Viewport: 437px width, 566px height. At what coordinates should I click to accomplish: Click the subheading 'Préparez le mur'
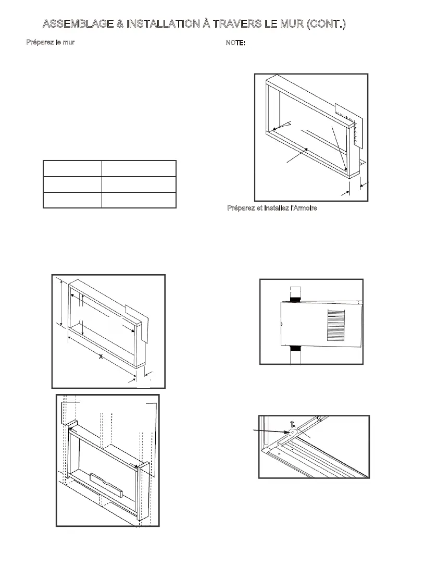pos(51,42)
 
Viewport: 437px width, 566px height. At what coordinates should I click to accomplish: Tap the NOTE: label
pos(235,42)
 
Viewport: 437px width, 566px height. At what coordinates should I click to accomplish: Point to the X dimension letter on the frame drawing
pos(101,356)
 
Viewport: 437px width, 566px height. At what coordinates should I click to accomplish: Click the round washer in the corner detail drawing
pos(293,432)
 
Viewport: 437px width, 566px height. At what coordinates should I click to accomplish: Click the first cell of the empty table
pos(72,168)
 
